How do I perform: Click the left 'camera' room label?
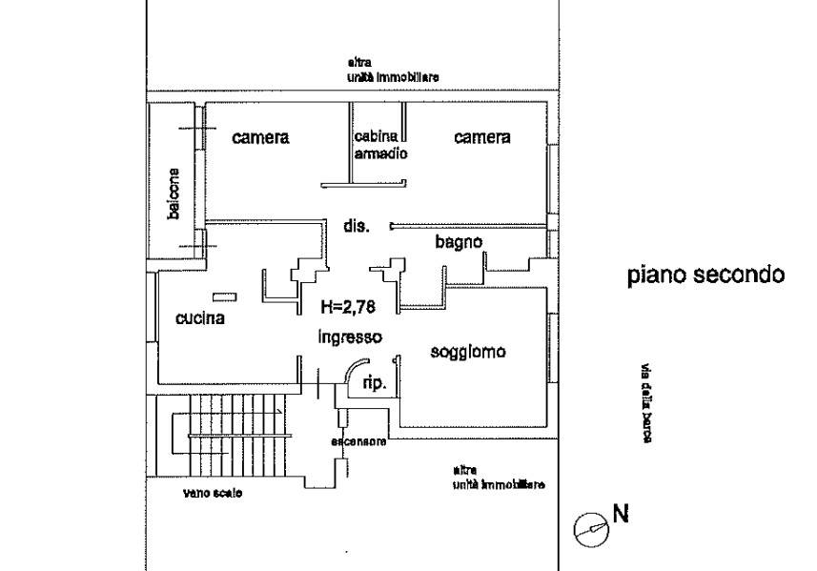[x=260, y=137]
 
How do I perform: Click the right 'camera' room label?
[x=481, y=137]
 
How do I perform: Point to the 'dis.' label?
[x=356, y=226]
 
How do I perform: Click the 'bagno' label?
[x=460, y=242]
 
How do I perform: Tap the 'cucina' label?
[x=200, y=318]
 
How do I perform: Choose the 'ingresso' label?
[x=350, y=336]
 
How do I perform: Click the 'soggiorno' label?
[x=467, y=352]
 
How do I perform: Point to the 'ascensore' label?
[x=358, y=441]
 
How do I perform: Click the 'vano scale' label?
[x=213, y=493]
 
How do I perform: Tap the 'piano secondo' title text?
[x=705, y=275]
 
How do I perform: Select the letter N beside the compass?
[x=620, y=515]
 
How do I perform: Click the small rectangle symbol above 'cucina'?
[x=223, y=296]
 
